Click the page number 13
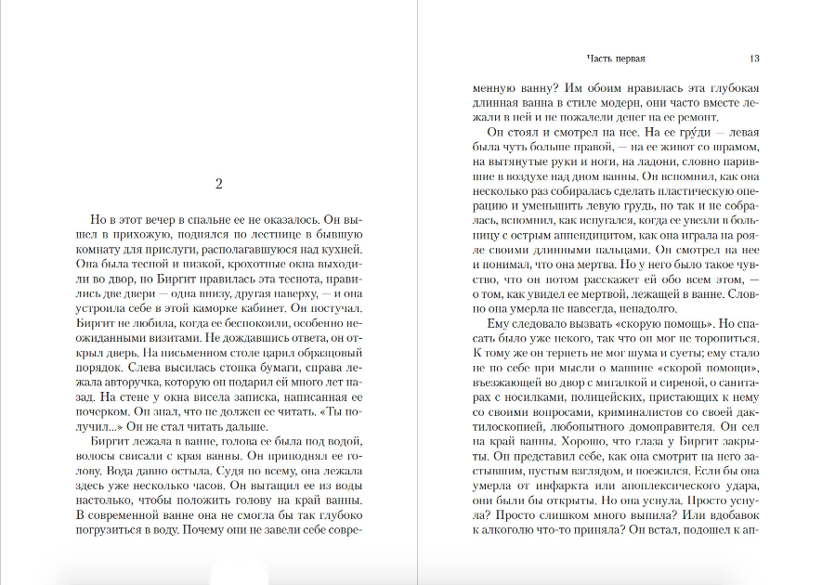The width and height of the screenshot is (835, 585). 754,58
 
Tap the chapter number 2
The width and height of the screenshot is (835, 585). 218,183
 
